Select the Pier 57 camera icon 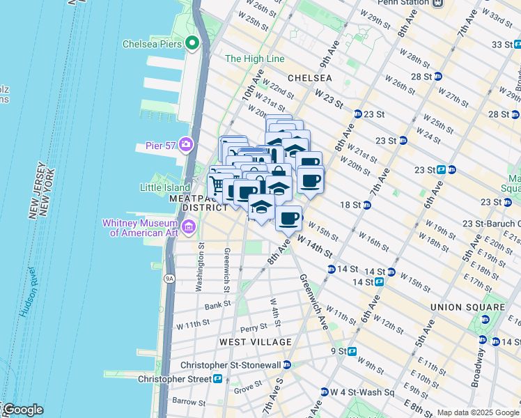click(186, 144)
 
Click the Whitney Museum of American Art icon click(188, 227)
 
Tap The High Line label click(252, 59)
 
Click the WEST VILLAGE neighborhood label click(255, 342)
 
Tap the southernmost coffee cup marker click(288, 218)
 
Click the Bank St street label click(217, 306)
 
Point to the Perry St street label click(254, 327)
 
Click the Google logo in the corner click(22, 410)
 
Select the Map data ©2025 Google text click(477, 412)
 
